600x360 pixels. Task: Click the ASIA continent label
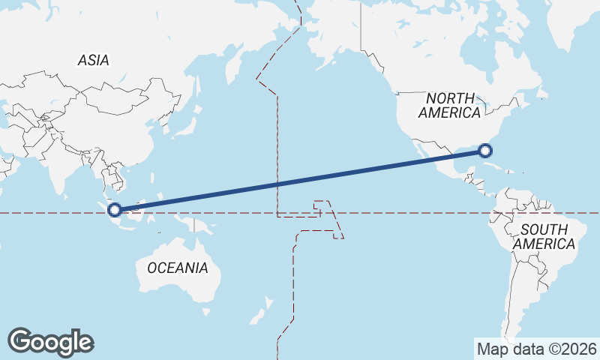[x=93, y=60]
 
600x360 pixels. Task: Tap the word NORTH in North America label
[x=450, y=98]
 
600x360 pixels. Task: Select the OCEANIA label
[x=177, y=268]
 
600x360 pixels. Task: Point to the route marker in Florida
[x=485, y=151]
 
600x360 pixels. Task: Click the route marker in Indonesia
[x=115, y=209]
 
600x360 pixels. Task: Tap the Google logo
[x=50, y=341]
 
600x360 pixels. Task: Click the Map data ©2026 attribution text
[x=536, y=349]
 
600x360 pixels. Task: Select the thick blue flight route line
[x=300, y=181]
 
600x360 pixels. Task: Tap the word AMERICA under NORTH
[x=450, y=113]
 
